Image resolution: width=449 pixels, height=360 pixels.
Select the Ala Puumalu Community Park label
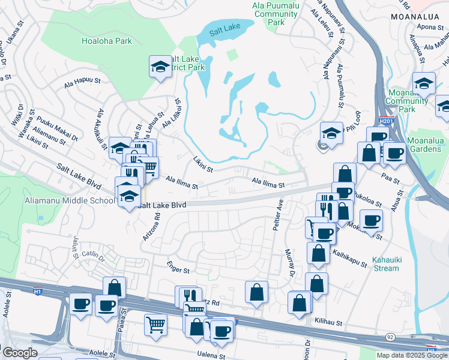point(276,13)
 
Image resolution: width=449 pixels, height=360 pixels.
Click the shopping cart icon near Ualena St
point(155,325)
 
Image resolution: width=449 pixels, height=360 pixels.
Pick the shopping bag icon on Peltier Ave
point(256,293)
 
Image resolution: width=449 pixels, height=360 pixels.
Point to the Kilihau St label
point(327,322)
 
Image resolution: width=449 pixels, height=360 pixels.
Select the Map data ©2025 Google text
point(411,355)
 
